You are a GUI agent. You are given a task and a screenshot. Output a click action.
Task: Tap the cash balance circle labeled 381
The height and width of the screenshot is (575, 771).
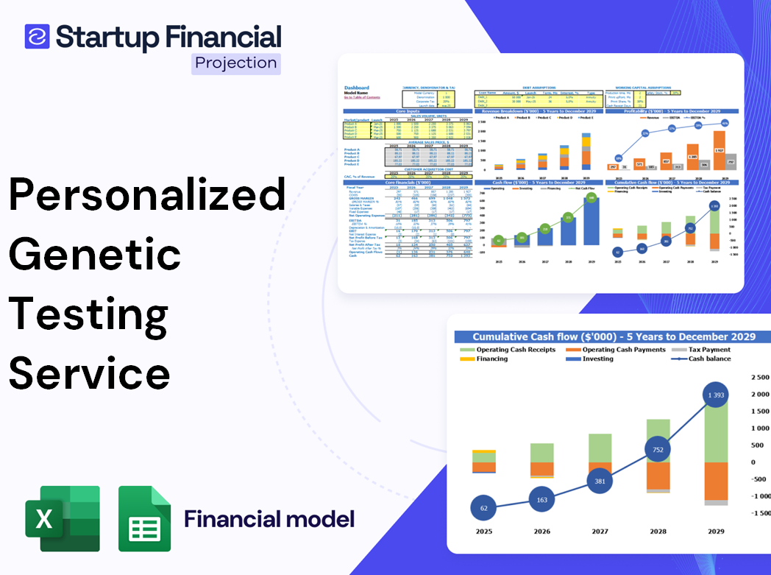click(x=600, y=481)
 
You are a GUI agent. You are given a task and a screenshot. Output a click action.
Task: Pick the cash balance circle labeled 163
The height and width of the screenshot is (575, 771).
click(x=541, y=500)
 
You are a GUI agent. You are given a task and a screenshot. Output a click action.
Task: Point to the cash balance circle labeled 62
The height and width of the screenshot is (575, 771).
click(x=483, y=508)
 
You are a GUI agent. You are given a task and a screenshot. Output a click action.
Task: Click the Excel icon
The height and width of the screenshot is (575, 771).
click(x=63, y=518)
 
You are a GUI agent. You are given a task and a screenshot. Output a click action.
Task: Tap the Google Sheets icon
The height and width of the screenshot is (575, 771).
click(x=144, y=518)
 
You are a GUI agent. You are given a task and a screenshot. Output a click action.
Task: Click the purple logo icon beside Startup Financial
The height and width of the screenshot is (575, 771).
click(x=38, y=36)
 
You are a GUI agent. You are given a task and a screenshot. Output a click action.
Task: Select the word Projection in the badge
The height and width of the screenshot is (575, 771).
click(x=236, y=63)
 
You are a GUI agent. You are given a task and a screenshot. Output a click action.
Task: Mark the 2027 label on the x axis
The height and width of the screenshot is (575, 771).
click(x=600, y=532)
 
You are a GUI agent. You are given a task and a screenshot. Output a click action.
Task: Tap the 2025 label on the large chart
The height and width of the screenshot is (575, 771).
click(x=483, y=532)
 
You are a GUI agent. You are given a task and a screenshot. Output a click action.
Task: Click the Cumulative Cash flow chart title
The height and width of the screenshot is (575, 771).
click(x=614, y=336)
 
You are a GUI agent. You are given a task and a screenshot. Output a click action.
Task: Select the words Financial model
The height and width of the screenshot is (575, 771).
click(x=269, y=519)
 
